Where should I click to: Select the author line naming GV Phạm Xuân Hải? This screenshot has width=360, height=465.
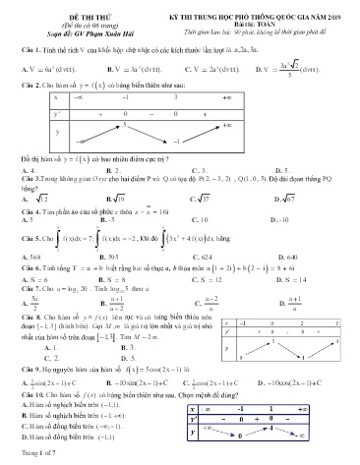coord(60,26)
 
